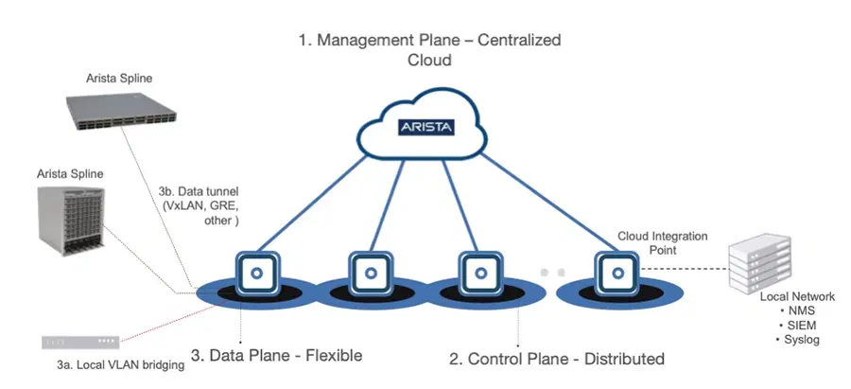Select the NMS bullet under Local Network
(x=791, y=311)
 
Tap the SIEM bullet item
(x=791, y=326)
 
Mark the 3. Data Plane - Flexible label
(x=276, y=356)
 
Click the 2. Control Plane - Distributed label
(x=555, y=359)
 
